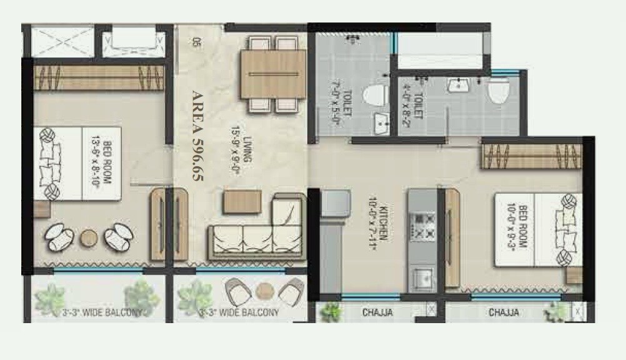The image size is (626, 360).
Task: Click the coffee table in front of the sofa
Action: pyautogui.click(x=241, y=200)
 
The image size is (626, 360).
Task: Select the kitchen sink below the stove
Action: pyautogui.click(x=422, y=276)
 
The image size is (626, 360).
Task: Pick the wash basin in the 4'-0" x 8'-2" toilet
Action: pyautogui.click(x=460, y=85)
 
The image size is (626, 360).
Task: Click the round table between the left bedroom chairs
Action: pyautogui.click(x=89, y=237)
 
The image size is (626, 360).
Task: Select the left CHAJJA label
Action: pyautogui.click(x=378, y=312)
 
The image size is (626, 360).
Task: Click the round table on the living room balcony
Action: pyautogui.click(x=265, y=290)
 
